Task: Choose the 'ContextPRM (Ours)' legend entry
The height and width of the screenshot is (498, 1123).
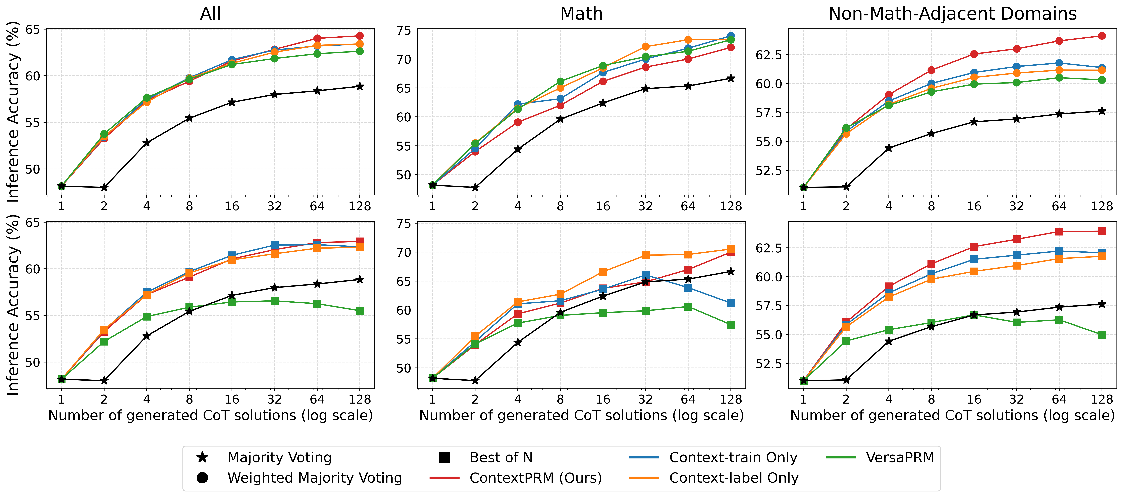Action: [x=535, y=478]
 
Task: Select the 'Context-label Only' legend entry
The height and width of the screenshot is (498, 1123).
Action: [x=734, y=478]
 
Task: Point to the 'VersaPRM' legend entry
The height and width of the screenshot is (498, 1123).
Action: [x=900, y=457]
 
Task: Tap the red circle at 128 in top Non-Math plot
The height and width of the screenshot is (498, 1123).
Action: [x=1102, y=36]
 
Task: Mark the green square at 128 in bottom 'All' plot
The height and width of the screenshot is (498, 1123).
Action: [x=360, y=311]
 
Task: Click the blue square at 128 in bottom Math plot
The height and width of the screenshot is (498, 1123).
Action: [x=731, y=303]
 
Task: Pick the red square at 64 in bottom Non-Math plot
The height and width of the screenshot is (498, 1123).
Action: [x=1059, y=231]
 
